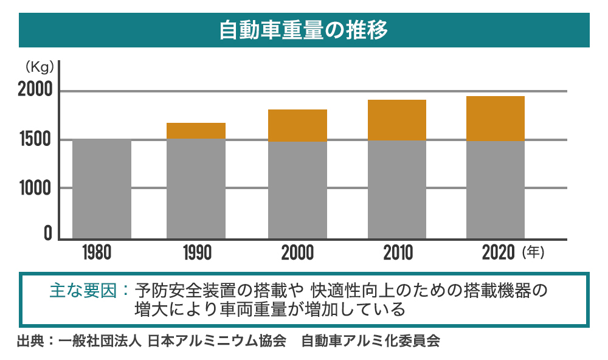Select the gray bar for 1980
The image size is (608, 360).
click(102, 189)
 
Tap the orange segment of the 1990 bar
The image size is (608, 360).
click(196, 131)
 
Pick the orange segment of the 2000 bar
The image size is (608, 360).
click(297, 125)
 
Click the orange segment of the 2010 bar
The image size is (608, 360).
click(396, 120)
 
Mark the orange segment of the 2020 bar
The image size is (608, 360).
click(495, 118)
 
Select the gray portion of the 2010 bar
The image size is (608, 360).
click(396, 189)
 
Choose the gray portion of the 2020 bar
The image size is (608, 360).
click(495, 189)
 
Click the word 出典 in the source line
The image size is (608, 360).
click(30, 341)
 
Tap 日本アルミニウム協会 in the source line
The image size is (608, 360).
click(216, 341)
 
